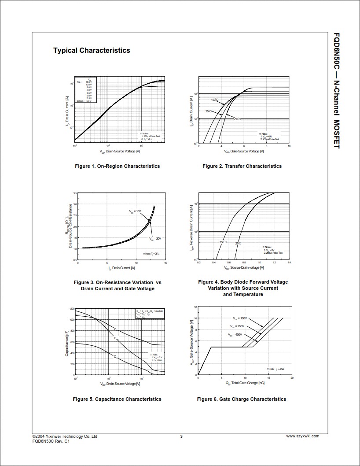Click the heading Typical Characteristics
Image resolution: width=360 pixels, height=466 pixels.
92,51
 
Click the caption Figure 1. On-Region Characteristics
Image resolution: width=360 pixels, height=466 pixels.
117,166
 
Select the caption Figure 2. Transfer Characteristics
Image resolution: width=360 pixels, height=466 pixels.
242,166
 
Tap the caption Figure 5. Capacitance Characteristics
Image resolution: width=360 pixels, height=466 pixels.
117,399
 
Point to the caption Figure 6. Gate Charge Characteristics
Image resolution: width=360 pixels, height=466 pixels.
242,399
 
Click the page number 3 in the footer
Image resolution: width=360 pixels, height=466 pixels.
181,436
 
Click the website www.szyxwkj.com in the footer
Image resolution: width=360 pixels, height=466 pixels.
303,436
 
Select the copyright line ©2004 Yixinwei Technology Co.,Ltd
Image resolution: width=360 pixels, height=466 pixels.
65,436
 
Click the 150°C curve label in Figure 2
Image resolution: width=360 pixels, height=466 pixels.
214,100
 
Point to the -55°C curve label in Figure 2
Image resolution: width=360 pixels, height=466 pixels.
237,119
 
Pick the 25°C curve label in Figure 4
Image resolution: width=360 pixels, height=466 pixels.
238,243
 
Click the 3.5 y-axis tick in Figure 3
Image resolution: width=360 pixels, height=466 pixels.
75,193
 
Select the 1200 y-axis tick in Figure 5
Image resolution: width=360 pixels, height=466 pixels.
72,309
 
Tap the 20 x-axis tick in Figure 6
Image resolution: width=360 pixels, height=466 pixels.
292,378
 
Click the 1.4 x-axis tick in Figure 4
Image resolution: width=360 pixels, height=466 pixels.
289,263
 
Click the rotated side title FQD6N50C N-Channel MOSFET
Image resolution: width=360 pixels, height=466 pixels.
337,90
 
